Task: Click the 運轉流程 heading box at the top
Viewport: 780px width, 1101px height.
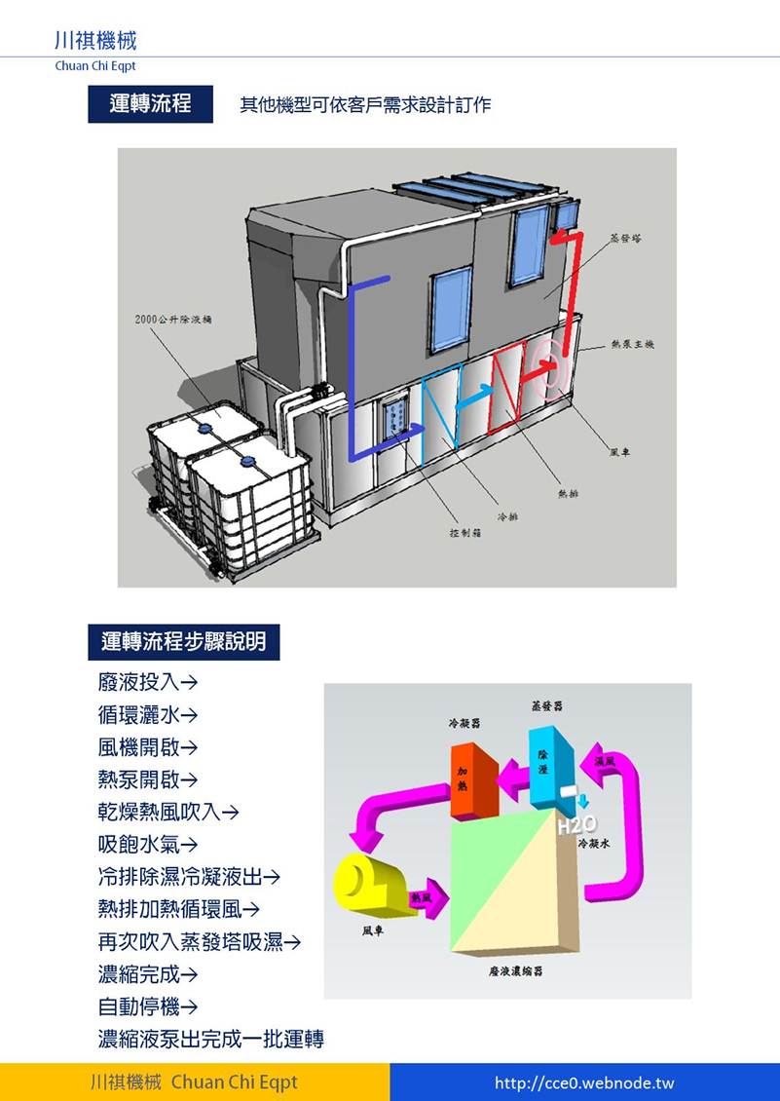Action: pos(150,103)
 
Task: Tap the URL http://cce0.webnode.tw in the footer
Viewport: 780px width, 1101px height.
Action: pos(584,1082)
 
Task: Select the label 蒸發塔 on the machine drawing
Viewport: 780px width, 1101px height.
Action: pos(625,237)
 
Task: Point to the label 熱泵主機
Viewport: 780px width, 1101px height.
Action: pos(632,344)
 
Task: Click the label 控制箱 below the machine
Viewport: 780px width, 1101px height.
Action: pos(462,533)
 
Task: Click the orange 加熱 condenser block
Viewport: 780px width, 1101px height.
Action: pos(474,778)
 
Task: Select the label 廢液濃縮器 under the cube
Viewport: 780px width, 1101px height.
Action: pos(515,971)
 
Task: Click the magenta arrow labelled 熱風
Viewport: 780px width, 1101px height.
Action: pos(428,897)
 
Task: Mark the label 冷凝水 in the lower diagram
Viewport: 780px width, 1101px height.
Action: pos(593,844)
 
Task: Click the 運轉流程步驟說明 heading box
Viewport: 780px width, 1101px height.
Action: pos(184,642)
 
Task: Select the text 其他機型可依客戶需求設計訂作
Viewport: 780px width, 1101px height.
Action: pos(365,104)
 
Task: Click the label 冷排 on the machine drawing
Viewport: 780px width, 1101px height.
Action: pos(507,515)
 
